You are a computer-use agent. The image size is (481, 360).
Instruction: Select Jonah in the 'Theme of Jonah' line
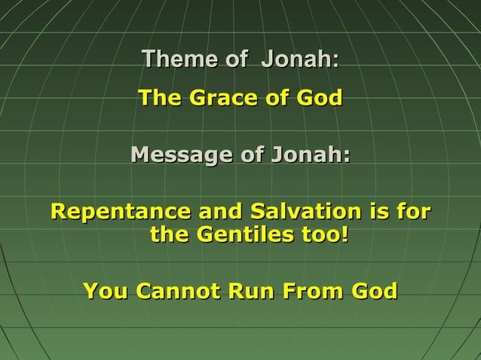click(x=299, y=59)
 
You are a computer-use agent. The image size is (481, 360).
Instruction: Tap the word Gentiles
click(x=245, y=235)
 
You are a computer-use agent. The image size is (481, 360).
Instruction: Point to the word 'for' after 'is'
click(x=412, y=210)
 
